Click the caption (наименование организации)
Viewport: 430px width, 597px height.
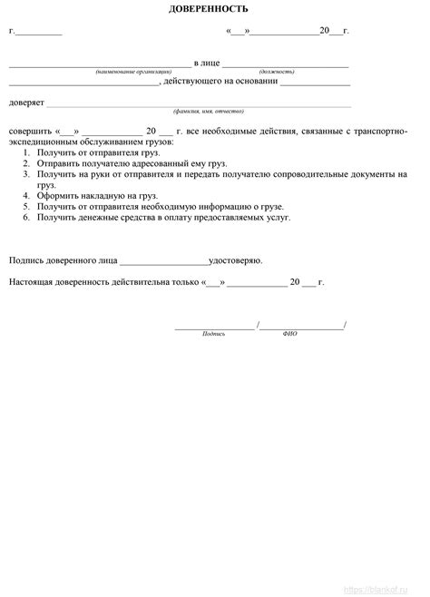click(x=133, y=71)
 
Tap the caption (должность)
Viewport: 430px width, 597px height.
click(x=276, y=71)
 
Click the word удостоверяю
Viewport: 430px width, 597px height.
click(x=236, y=260)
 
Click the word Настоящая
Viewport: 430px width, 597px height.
click(x=34, y=282)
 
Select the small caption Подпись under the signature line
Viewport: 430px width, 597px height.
click(x=214, y=334)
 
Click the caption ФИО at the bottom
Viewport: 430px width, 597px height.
click(x=289, y=334)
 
